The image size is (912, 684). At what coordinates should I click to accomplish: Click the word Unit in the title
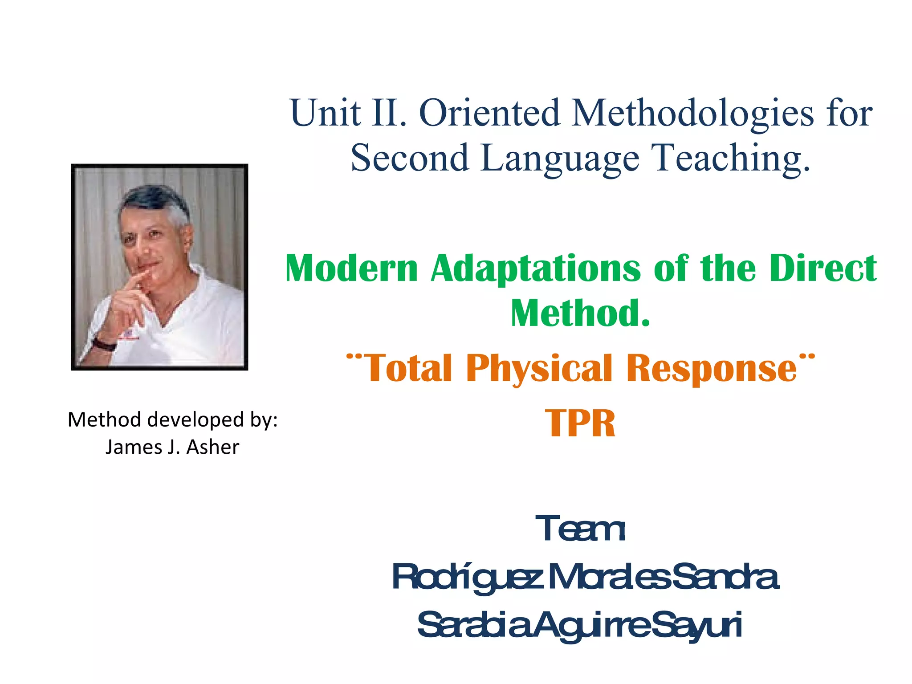[x=325, y=113]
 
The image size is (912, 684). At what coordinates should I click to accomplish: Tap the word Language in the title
[x=560, y=158]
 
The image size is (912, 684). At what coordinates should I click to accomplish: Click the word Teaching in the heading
[x=730, y=158]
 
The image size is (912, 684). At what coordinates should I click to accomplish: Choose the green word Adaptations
[x=536, y=269]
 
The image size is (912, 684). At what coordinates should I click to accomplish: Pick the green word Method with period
[x=580, y=313]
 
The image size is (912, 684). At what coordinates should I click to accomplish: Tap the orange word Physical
[x=539, y=369]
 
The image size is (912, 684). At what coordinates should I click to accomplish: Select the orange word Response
[x=711, y=369]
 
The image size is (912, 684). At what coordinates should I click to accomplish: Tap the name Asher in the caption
[x=212, y=447]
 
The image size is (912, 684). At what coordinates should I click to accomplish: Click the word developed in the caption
[x=195, y=419]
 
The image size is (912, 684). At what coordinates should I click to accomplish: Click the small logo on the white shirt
[x=129, y=335]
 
